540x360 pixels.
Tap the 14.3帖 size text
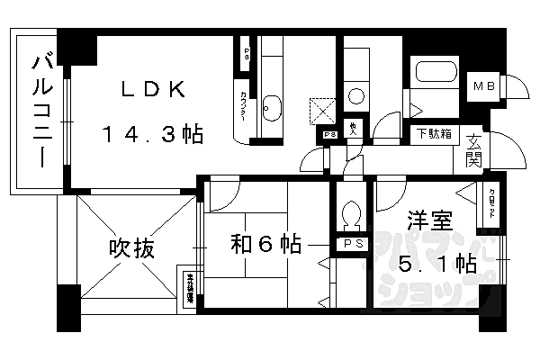152,136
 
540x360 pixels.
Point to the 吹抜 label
129,246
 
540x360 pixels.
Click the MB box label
485,86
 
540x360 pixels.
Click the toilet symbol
351,214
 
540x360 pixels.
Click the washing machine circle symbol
355,94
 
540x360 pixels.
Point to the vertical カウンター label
244,105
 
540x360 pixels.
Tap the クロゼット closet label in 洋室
491,207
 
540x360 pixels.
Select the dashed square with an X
321,111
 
